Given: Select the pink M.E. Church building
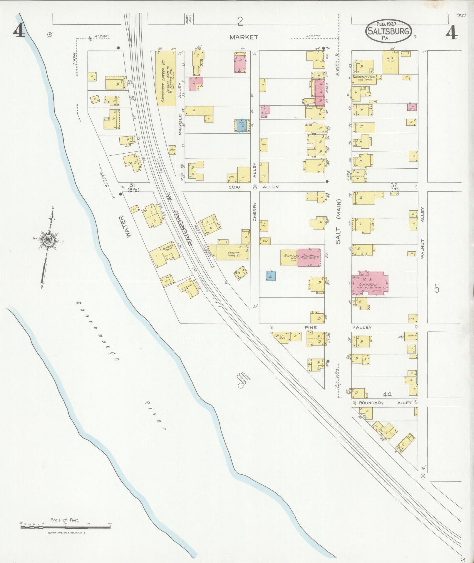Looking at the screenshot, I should pyautogui.click(x=370, y=284).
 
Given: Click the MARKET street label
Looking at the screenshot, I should pyautogui.click(x=244, y=37).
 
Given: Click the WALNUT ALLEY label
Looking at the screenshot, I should pyautogui.click(x=423, y=233).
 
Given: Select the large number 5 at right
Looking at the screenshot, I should pyautogui.click(x=436, y=289).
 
